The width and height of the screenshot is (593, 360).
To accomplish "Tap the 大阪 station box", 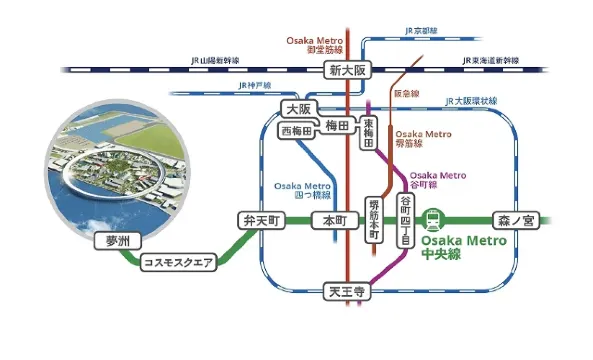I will click(295, 107).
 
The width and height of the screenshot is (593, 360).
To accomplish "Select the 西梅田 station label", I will click(297, 131).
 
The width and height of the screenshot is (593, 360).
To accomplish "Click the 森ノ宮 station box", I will click(515, 219).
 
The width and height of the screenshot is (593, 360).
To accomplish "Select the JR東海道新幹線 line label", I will click(496, 61).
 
